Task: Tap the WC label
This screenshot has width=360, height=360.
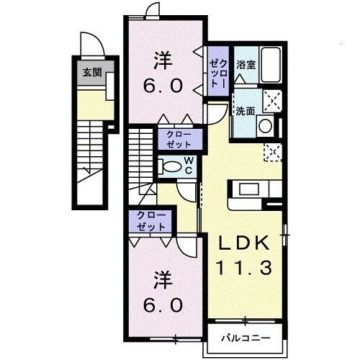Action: click(186, 164)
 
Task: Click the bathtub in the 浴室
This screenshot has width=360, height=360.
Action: click(271, 66)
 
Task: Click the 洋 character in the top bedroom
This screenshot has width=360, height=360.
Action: click(163, 60)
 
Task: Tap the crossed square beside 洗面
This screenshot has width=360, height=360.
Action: click(271, 101)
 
